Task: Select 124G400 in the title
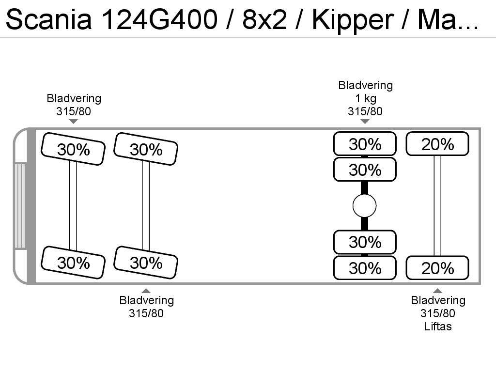click(161, 20)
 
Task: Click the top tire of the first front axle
click(73, 149)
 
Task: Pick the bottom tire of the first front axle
click(73, 263)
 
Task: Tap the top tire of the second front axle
click(146, 149)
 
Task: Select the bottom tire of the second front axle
click(146, 263)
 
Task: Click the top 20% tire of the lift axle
click(437, 144)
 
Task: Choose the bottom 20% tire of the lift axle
click(437, 268)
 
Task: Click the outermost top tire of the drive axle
click(365, 144)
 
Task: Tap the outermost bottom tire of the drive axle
click(365, 268)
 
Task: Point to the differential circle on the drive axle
click(365, 206)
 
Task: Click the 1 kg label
click(365, 98)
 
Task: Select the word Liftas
click(438, 326)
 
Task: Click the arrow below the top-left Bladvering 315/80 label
click(74, 121)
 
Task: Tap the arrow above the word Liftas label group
click(437, 291)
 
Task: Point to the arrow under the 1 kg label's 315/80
click(365, 121)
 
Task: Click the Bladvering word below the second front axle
click(146, 300)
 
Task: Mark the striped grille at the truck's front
click(20, 206)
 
